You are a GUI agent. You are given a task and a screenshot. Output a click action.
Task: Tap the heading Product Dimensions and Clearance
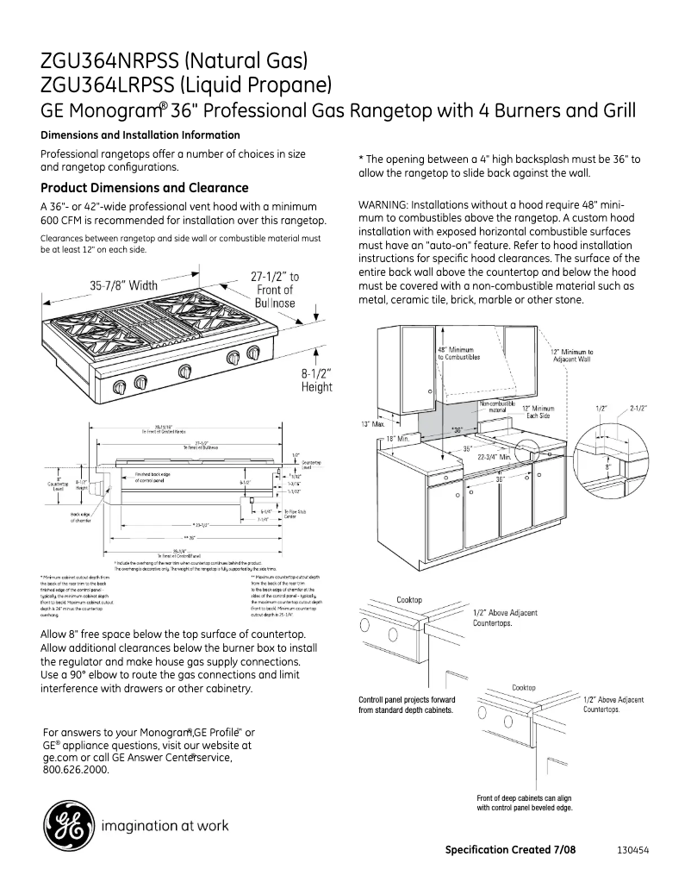click(145, 188)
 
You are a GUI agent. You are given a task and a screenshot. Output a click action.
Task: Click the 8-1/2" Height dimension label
click(316, 380)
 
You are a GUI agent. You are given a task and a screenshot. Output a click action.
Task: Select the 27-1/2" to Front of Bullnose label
click(275, 289)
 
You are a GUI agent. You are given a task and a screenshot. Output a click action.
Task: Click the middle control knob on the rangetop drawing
click(184, 372)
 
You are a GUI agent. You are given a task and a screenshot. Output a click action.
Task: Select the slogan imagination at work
click(165, 826)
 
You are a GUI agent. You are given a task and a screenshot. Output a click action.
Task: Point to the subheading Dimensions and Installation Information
click(140, 135)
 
